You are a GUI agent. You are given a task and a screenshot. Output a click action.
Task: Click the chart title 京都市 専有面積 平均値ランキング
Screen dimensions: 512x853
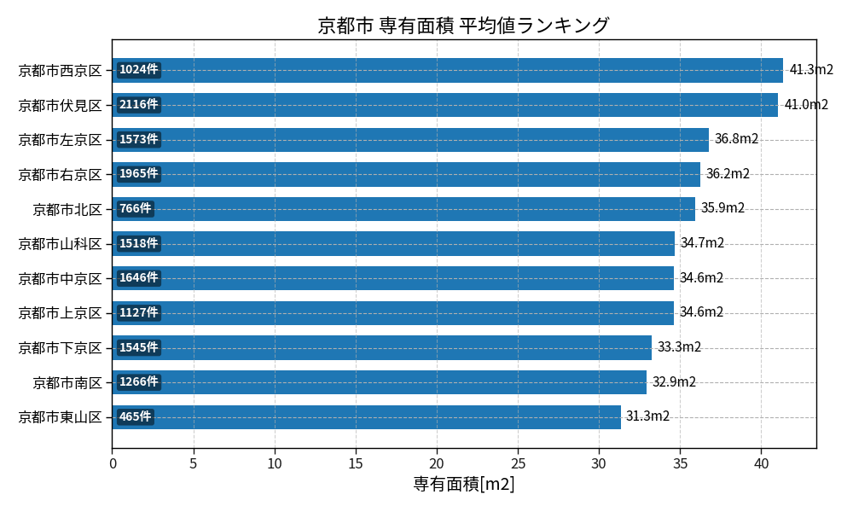(463, 26)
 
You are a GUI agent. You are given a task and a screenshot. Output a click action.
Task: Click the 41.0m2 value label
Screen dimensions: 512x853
(806, 105)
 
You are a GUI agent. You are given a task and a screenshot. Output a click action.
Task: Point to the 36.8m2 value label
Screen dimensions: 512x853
(736, 139)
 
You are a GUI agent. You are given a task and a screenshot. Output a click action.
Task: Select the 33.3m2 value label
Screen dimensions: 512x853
(679, 347)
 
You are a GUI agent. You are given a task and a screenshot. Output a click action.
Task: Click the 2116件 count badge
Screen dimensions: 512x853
(138, 105)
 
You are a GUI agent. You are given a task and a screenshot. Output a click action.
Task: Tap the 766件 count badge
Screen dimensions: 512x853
(135, 209)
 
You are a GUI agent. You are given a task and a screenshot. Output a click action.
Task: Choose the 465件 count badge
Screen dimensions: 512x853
(135, 417)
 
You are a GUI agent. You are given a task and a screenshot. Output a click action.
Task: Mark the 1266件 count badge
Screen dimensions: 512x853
(138, 382)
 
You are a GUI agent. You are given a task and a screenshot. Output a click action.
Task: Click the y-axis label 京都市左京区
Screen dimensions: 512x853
(60, 140)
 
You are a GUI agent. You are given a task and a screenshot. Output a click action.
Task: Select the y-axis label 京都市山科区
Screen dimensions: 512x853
(60, 244)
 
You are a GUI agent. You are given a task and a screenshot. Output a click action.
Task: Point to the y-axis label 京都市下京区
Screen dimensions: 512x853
(60, 348)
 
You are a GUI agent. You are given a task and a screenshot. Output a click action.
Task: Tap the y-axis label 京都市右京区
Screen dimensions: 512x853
(60, 175)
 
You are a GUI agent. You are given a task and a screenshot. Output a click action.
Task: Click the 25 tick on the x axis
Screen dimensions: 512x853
(518, 463)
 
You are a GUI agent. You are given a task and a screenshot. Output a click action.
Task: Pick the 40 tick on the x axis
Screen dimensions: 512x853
(761, 463)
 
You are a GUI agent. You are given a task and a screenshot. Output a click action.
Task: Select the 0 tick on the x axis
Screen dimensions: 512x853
(113, 463)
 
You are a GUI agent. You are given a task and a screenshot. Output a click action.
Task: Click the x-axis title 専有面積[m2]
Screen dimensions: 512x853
(463, 485)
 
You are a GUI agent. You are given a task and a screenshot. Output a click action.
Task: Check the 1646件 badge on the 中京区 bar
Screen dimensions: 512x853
(138, 278)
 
